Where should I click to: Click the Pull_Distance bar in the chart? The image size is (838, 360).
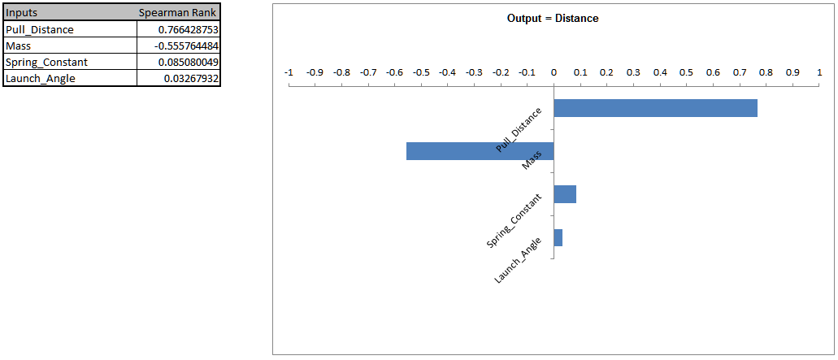point(655,108)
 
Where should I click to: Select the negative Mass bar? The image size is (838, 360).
point(480,151)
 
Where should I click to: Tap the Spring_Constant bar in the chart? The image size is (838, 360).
point(565,194)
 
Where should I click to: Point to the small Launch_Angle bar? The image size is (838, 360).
point(558,237)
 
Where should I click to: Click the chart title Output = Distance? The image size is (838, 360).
point(553,19)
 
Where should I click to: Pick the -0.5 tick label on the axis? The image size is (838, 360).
point(420,72)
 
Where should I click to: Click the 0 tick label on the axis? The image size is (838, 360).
point(554,72)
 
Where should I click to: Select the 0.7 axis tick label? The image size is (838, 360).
point(740,72)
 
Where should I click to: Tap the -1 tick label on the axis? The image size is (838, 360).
point(288,72)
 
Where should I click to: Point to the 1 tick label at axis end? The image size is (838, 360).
point(818,72)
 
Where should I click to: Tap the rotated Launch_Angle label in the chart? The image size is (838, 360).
point(518,260)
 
